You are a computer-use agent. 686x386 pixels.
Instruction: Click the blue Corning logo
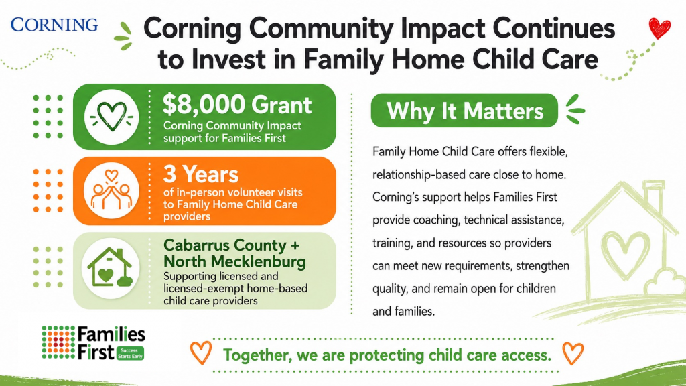pyautogui.click(x=54, y=25)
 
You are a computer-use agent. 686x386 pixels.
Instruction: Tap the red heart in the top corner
pyautogui.click(x=659, y=28)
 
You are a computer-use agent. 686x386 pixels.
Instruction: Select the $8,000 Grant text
pyautogui.click(x=237, y=105)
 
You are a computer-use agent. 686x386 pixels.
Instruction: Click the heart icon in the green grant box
pyautogui.click(x=112, y=117)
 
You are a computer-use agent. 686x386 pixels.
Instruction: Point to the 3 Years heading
pyautogui.click(x=201, y=174)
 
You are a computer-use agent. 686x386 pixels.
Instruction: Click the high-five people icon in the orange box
pyautogui.click(x=111, y=190)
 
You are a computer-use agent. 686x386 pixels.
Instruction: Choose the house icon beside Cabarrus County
pyautogui.click(x=110, y=267)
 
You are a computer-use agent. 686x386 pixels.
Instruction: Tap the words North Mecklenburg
pyautogui.click(x=235, y=262)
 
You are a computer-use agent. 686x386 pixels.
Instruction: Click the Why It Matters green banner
pyautogui.click(x=464, y=111)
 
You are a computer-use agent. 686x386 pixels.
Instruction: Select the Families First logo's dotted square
pyautogui.click(x=59, y=342)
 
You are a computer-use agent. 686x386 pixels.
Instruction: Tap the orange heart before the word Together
pyautogui.click(x=201, y=352)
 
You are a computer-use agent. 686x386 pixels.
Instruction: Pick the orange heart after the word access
pyautogui.click(x=573, y=353)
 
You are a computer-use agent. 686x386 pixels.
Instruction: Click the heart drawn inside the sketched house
pyautogui.click(x=626, y=254)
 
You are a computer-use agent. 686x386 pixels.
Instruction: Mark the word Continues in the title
pyautogui.click(x=554, y=28)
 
